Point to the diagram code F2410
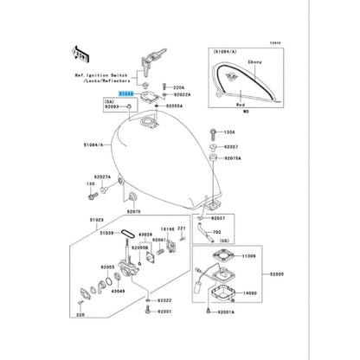pyautogui.click(x=275, y=41)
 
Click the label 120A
pyautogui.click(x=228, y=132)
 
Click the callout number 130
pyautogui.click(x=90, y=184)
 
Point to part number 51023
pyautogui.click(x=96, y=221)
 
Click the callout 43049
pyautogui.click(x=119, y=291)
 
